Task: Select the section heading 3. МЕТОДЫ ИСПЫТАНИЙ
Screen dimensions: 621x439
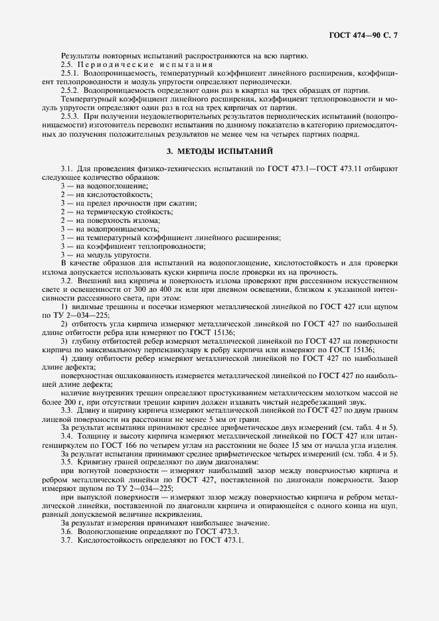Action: point(219,151)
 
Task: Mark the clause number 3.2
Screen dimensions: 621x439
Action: point(66,280)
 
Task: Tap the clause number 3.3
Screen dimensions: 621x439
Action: point(66,410)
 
